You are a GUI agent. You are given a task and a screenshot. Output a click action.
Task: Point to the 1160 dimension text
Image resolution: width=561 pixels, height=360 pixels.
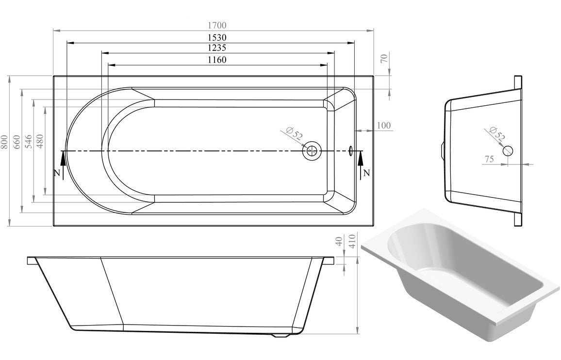click(217, 60)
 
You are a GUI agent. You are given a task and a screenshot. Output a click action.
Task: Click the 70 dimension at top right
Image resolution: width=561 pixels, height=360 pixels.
click(384, 59)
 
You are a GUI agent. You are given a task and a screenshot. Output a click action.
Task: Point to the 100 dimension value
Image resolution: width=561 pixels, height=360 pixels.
click(383, 126)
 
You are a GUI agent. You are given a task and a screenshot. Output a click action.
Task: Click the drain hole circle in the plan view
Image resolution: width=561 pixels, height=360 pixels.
click(312, 151)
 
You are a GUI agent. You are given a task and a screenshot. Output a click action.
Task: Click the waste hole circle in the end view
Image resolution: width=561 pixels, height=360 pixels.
click(508, 150)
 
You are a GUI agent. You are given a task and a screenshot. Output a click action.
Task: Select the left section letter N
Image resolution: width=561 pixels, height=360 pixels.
click(57, 173)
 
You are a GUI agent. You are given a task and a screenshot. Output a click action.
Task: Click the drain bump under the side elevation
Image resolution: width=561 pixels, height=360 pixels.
click(280, 334)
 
